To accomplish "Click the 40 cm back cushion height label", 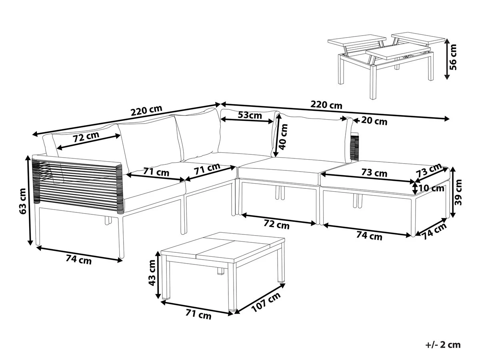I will click(284, 136).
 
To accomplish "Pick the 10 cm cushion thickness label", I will click(432, 188).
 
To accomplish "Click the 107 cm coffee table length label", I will click(266, 302).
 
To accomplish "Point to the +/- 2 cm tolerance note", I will click(443, 344).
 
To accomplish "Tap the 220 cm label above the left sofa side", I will click(146, 110).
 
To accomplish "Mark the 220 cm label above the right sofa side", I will click(327, 105).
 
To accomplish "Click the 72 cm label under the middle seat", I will click(277, 225).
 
